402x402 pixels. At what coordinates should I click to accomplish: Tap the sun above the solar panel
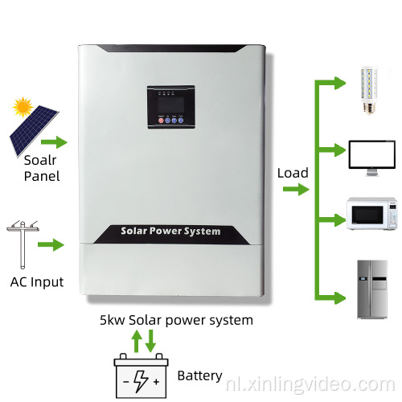[22, 106]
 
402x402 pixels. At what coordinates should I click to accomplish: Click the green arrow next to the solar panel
[57, 144]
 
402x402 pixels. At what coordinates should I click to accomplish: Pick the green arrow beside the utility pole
[51, 244]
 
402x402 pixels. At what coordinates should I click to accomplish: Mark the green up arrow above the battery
[137, 341]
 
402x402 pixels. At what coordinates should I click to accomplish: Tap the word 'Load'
[293, 172]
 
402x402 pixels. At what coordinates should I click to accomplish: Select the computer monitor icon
[371, 156]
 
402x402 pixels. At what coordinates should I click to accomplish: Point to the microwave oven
[371, 214]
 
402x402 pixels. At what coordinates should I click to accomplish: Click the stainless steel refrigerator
[371, 286]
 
